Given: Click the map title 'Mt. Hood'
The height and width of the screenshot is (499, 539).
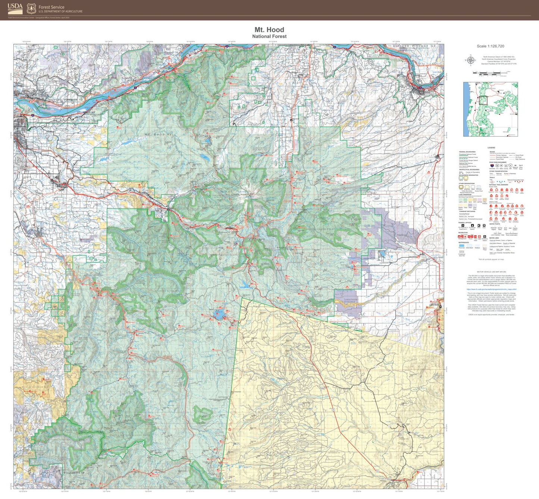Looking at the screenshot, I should click(269, 30).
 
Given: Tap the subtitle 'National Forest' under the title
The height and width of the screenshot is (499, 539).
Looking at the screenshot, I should click(269, 37).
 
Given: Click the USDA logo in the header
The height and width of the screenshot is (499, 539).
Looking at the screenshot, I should click(15, 8).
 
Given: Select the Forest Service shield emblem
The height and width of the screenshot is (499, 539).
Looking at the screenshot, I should click(32, 9).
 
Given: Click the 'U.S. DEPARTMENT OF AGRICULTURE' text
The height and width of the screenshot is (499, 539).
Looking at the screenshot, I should click(60, 12).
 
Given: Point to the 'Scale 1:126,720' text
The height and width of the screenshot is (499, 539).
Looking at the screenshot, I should click(490, 46).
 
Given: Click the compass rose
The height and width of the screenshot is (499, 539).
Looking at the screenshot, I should click(470, 60).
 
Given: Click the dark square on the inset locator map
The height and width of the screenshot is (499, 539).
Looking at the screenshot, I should click(483, 100).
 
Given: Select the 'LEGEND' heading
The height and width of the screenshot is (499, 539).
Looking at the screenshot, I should click(491, 148).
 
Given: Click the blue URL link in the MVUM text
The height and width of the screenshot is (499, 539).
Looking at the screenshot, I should click(491, 289).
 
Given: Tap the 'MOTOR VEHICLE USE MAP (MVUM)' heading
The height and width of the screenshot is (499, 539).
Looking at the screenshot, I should click(491, 272).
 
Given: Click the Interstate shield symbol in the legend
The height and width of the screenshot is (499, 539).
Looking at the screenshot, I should click(492, 165).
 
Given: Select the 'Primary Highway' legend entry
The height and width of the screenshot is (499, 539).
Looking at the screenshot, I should click(501, 155).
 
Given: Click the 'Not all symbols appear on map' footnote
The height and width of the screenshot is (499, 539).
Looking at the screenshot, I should click(491, 259).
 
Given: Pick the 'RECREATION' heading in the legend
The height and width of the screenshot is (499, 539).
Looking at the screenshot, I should click(463, 233).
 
